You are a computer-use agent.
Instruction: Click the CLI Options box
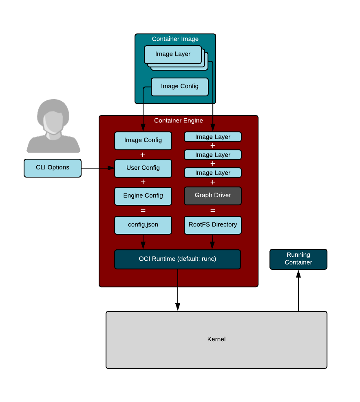(x=53, y=168)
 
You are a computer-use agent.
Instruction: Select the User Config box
(x=143, y=168)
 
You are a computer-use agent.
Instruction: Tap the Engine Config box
(x=143, y=196)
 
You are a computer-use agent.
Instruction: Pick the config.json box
(x=143, y=225)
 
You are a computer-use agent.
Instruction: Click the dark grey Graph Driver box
(x=213, y=195)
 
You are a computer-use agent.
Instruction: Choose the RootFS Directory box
(x=213, y=225)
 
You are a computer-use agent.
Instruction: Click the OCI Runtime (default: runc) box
(x=177, y=259)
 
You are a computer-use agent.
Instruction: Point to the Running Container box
(x=298, y=259)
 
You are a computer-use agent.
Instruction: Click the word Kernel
(x=216, y=339)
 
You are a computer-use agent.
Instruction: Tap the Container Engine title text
(x=179, y=121)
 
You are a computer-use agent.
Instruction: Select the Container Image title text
(x=175, y=39)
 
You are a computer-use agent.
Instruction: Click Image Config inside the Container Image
(x=180, y=87)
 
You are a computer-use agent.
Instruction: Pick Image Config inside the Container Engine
(x=143, y=140)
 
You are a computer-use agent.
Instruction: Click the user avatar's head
(x=53, y=116)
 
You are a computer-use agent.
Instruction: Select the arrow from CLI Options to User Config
(x=98, y=168)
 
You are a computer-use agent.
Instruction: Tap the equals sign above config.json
(x=143, y=211)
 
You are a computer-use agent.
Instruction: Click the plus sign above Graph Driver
(x=213, y=182)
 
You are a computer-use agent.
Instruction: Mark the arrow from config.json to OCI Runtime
(x=143, y=242)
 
